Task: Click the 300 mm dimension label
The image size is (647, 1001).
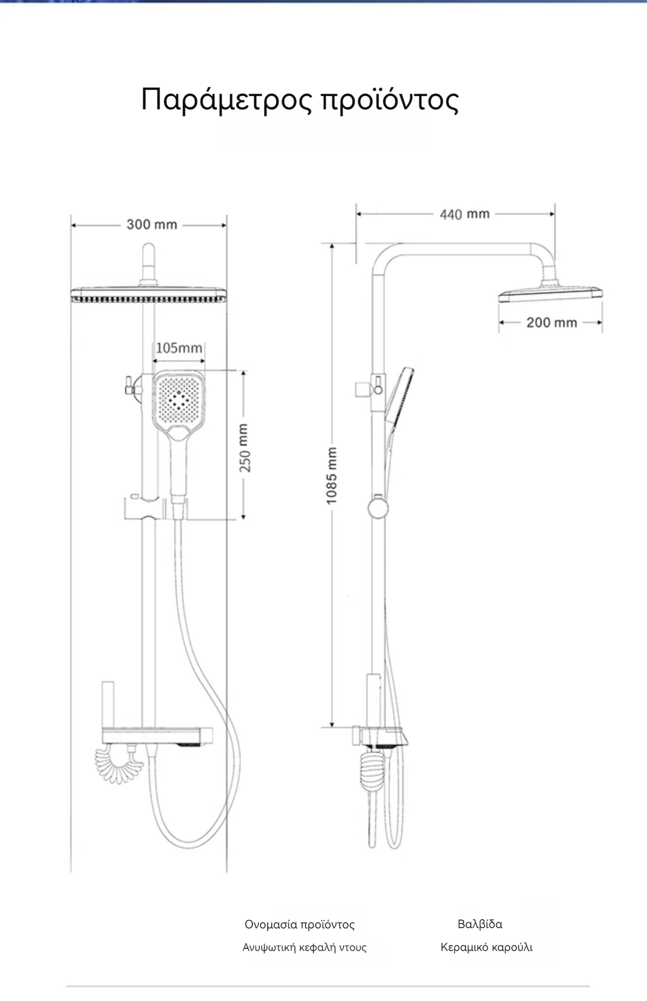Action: pyautogui.click(x=152, y=225)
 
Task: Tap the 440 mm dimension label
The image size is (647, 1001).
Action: pyautogui.click(x=465, y=214)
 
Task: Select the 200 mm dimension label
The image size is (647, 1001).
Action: pyautogui.click(x=552, y=323)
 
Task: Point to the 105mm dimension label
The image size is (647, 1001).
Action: pyautogui.click(x=179, y=347)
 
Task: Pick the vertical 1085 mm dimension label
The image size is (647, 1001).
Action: pyautogui.click(x=332, y=476)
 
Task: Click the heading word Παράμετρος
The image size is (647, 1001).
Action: pyautogui.click(x=227, y=100)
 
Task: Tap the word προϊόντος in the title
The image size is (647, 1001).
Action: pyautogui.click(x=390, y=100)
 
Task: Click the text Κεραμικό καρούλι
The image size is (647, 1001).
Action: pyautogui.click(x=487, y=947)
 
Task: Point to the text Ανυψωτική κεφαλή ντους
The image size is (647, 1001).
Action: pyautogui.click(x=305, y=947)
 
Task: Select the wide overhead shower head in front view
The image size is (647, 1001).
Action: pyautogui.click(x=149, y=295)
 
